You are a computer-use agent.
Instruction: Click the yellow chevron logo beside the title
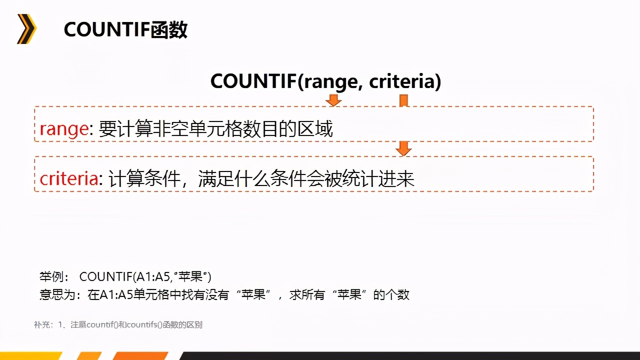(26, 29)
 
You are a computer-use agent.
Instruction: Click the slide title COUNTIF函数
(125, 30)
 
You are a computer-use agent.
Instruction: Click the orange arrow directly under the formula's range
(333, 101)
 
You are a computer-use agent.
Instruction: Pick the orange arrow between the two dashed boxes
(403, 148)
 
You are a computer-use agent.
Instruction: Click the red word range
(64, 129)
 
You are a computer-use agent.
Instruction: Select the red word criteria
(69, 179)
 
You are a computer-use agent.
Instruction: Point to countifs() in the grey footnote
(144, 325)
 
